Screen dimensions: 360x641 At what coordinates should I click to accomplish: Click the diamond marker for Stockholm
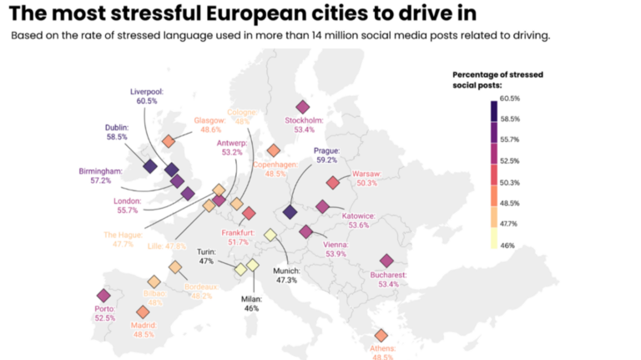pos(303,107)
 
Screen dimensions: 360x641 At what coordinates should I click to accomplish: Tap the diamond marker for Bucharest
pos(386,261)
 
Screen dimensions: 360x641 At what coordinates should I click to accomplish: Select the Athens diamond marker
pos(381,335)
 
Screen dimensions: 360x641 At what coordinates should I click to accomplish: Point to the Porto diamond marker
pos(103,296)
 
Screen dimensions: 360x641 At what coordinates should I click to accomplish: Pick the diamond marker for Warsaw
pos(333,182)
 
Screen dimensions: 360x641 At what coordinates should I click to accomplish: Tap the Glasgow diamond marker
pos(169,141)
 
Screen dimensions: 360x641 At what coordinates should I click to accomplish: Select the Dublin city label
pos(116,127)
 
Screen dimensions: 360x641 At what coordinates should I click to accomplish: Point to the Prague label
pos(326,150)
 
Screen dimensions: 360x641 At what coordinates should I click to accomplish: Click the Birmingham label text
pos(100,170)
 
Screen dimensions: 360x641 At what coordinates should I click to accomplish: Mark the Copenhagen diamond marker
pos(273,150)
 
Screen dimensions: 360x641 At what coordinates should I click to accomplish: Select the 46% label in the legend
pos(507,246)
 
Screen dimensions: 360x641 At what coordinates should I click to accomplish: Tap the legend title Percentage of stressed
pos(497,74)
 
